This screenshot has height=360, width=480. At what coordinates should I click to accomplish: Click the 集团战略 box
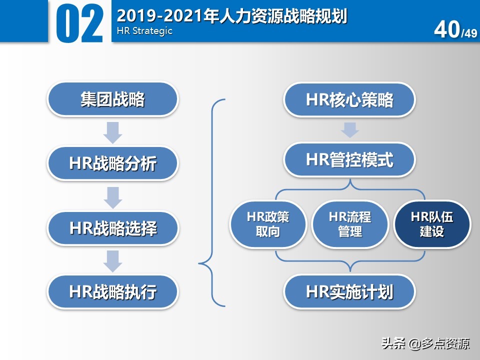click(112, 99)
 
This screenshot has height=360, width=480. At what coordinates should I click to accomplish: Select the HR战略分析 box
click(112, 163)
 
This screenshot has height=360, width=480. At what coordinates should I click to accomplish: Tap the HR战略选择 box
click(112, 228)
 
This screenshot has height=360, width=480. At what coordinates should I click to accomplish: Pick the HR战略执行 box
click(112, 291)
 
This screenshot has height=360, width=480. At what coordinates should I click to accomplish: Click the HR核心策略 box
click(349, 99)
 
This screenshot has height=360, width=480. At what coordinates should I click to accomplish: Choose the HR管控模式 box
click(349, 160)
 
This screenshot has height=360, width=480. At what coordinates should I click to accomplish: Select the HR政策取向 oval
click(268, 224)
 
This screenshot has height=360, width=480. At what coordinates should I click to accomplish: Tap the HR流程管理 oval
click(350, 224)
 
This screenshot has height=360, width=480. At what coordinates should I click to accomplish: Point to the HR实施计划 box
click(349, 291)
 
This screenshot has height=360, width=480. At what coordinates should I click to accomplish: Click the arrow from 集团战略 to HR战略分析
click(113, 131)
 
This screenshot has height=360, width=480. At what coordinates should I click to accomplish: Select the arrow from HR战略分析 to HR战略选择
click(113, 196)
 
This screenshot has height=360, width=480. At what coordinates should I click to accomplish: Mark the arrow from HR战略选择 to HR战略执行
click(113, 260)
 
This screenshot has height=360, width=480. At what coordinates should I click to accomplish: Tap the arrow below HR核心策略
click(349, 129)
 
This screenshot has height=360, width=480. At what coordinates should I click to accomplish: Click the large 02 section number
click(80, 23)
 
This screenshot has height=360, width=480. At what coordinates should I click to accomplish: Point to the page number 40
click(446, 30)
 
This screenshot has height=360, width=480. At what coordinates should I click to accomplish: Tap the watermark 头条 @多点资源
click(425, 344)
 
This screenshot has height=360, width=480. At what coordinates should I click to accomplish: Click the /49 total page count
click(469, 33)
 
